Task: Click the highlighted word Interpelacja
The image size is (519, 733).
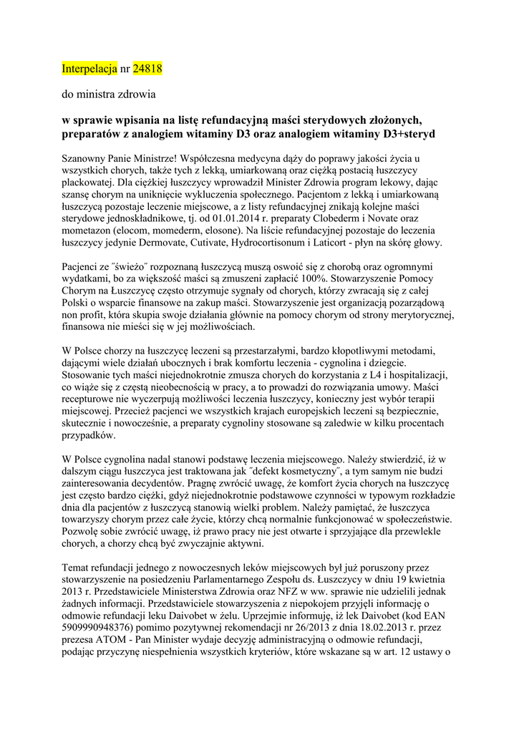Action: click(89, 69)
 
